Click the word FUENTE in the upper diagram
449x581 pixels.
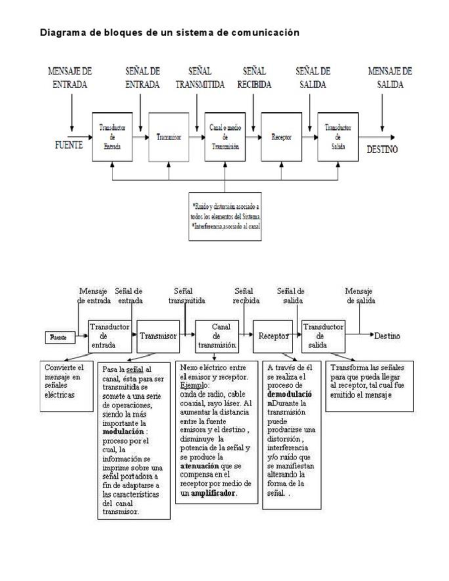point(69,145)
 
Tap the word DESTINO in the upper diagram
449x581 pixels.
point(382,150)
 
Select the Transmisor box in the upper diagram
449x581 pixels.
point(169,137)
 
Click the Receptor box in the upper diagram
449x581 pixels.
point(281,137)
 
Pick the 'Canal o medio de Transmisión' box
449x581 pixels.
point(225,137)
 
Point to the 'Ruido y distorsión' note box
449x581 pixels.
point(225,216)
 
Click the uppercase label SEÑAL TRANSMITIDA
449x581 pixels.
point(200,78)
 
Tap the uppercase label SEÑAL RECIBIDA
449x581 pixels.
point(254,78)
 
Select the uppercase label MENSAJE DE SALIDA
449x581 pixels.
point(390,78)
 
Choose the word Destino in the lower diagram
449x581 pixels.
point(387,336)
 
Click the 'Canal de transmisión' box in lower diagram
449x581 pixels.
point(217,336)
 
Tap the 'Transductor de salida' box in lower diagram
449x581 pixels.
point(323,336)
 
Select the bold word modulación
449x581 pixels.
point(123,432)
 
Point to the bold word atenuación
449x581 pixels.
point(199,466)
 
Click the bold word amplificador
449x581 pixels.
point(214,493)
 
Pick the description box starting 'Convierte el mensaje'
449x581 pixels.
point(66,386)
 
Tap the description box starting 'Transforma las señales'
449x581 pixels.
point(369,386)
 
